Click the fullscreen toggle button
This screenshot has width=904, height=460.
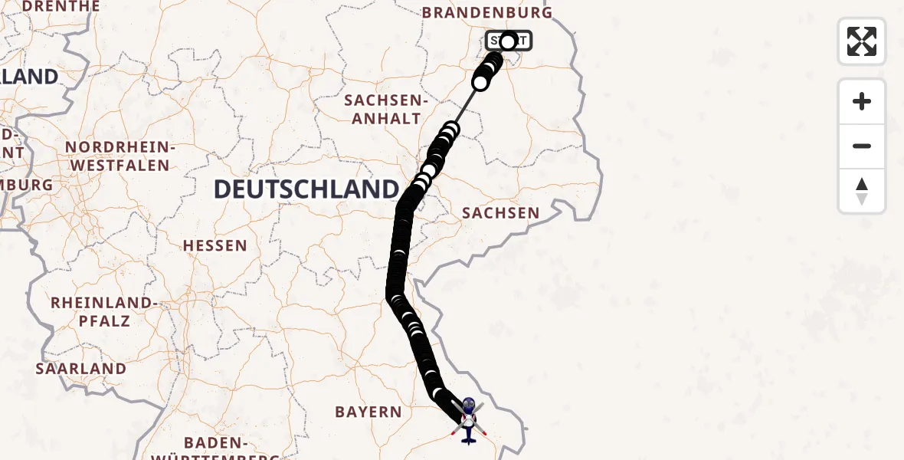(862, 41)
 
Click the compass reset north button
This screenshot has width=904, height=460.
(862, 191)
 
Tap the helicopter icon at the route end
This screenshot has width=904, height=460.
(468, 420)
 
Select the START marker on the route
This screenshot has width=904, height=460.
(508, 41)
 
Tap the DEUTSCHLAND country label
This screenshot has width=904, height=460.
(306, 189)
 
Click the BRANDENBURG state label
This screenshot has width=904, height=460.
(487, 13)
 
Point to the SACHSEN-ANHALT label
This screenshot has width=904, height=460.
(384, 109)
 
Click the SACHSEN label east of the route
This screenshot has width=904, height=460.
(501, 212)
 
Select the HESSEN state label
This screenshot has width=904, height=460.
(215, 245)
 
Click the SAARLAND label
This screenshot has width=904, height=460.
(81, 368)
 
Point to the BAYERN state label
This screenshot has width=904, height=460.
(368, 412)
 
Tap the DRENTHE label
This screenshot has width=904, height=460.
(61, 6)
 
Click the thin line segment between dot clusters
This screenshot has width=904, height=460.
(466, 105)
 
